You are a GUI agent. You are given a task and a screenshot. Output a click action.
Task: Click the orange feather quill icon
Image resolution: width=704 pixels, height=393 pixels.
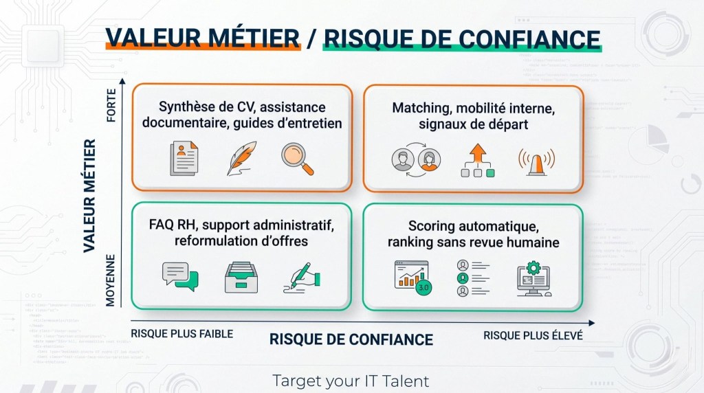(241, 158)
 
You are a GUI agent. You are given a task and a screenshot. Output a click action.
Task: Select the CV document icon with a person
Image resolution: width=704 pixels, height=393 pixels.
(184, 158)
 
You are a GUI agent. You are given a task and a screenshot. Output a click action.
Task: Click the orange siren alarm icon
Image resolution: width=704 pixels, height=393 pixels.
(536, 161)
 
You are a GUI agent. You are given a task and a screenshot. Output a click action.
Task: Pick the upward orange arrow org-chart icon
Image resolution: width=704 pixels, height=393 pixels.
(478, 160)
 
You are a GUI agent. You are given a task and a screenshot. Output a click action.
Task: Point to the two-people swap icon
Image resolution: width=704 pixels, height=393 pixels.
(416, 159)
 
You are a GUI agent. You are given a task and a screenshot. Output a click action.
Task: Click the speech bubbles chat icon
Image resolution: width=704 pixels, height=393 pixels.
(180, 276)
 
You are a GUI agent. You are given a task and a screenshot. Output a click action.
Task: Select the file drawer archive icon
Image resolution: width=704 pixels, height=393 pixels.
(241, 278)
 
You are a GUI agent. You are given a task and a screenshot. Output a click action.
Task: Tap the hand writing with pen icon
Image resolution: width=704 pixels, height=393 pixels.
(302, 278)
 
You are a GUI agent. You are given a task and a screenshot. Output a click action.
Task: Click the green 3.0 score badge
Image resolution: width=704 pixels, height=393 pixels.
(423, 287)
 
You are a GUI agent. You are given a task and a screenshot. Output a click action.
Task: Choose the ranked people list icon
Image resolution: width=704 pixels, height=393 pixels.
(473, 278)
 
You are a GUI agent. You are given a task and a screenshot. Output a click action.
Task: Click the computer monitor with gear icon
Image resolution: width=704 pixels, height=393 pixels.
(533, 279)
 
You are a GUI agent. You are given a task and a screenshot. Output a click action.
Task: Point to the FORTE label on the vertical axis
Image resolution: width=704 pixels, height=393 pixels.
(111, 105)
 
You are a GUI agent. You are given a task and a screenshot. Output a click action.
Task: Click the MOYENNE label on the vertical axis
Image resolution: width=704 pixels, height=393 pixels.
(111, 280)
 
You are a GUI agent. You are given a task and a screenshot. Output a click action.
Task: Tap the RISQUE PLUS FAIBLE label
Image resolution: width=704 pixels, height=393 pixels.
(181, 334)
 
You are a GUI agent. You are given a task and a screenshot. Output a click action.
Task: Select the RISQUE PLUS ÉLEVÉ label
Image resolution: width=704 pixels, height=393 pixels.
(533, 335)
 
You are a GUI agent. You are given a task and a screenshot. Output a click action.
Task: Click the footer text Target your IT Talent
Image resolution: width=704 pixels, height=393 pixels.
(351, 381)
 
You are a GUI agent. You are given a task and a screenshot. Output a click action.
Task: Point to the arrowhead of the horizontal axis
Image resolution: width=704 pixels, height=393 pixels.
(592, 323)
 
